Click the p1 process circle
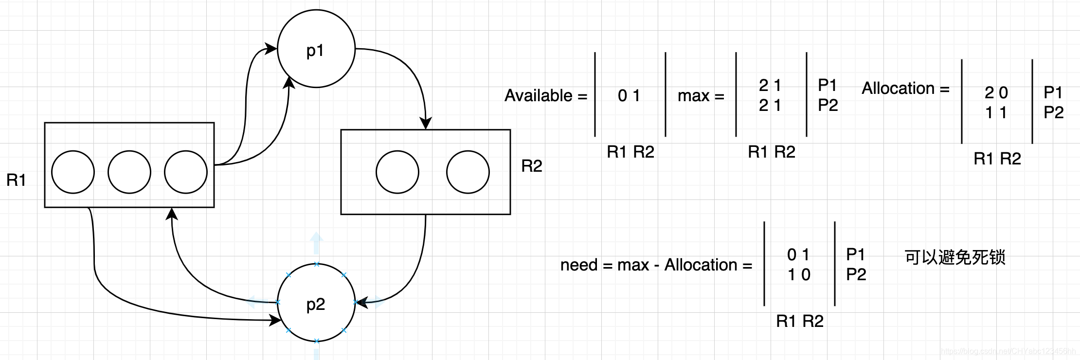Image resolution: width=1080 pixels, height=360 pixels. pos(316,49)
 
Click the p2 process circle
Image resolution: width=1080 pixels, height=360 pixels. pos(316,303)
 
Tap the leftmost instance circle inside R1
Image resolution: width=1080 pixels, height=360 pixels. pos(73,172)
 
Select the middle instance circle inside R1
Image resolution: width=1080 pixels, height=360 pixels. pos(129,172)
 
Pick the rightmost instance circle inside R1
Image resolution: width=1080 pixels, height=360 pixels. pos(186,172)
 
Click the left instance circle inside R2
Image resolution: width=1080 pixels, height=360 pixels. pos(397,172)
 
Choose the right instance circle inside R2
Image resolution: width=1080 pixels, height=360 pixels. pos(468,172)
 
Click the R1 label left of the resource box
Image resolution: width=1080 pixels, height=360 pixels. pos(16,180)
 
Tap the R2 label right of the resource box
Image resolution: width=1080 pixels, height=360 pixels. pos(532,166)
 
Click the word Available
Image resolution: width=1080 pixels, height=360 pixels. pos(538,96)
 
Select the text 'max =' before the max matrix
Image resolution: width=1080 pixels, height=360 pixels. pos(701,96)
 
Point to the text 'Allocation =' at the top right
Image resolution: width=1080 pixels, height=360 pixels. pos(905,89)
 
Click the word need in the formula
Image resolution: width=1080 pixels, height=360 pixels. pos(578,265)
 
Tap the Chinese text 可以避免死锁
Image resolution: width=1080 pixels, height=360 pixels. pos(954,257)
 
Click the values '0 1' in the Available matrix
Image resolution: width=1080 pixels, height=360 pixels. pos(629,96)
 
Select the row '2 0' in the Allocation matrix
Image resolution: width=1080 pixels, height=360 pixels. pos(996,92)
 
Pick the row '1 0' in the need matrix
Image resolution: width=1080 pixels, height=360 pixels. pos(799,275)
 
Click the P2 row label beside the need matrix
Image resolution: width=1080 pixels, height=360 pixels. pos(856,275)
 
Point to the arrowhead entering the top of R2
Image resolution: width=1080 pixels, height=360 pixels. pos(426,124)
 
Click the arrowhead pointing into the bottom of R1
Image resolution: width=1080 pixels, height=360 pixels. pos(172,214)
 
